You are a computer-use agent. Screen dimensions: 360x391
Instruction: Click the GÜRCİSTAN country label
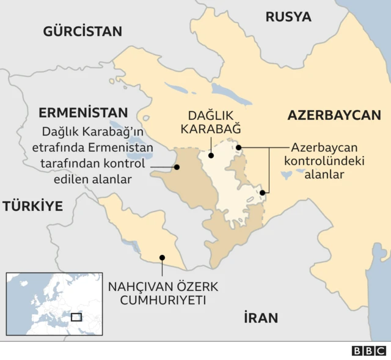tap(82, 31)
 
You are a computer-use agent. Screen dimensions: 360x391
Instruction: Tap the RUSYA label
tap(288, 17)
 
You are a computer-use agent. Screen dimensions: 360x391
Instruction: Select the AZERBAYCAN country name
tap(334, 115)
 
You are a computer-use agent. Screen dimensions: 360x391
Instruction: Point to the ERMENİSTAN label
tap(83, 112)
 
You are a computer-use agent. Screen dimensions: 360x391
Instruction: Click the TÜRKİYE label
tap(33, 206)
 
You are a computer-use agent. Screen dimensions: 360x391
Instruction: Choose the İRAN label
tap(261, 318)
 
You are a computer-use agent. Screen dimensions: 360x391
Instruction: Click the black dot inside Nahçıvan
tap(162, 257)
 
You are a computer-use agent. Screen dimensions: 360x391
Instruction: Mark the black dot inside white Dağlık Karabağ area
tap(211, 155)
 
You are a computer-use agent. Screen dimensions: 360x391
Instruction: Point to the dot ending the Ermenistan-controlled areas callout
tap(177, 166)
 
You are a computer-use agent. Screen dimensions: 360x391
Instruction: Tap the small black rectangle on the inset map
tap(76, 317)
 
